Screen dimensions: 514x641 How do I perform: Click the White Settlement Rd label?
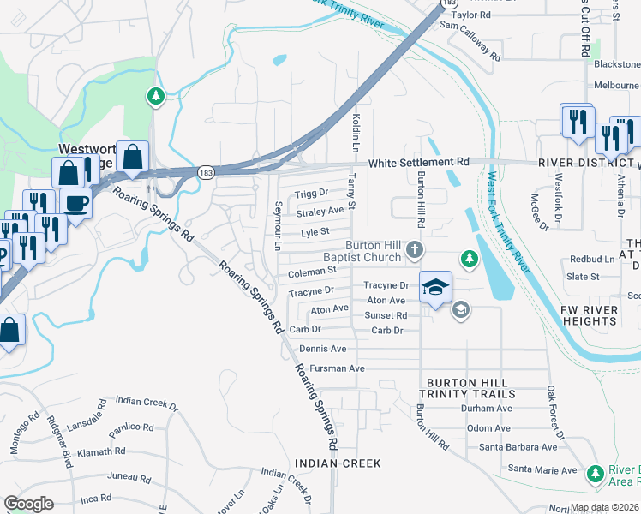[419, 162]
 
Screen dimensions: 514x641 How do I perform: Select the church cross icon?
[415, 250]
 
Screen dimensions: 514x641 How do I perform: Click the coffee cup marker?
[77, 203]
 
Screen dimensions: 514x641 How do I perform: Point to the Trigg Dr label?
[311, 194]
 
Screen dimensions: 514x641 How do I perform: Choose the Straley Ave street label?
[320, 211]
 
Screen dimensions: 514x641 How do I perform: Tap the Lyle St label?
[315, 231]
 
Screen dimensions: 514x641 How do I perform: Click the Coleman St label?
[311, 272]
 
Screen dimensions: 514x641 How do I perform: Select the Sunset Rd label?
[386, 315]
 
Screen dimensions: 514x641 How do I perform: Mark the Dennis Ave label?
[323, 349]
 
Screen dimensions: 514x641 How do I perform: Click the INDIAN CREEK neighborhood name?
[337, 463]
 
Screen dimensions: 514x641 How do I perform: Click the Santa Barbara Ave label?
[518, 447]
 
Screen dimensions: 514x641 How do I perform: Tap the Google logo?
[28, 503]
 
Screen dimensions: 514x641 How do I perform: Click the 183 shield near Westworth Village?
[205, 173]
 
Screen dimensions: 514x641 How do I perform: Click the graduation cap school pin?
[435, 286]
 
